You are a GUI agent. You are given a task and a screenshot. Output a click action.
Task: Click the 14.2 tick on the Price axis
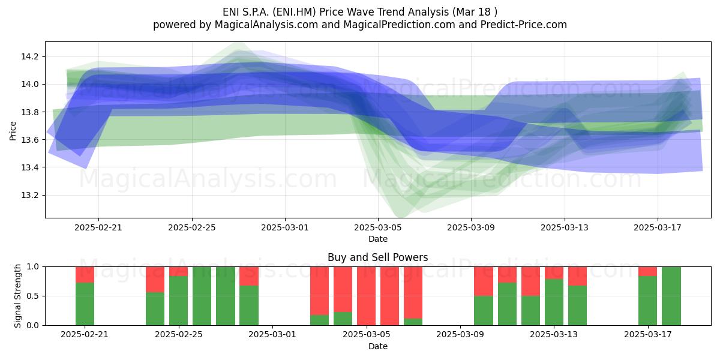point(29,57)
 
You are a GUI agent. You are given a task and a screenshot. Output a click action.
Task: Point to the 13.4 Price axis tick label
point(29,168)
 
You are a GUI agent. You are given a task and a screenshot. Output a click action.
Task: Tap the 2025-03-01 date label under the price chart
point(285,227)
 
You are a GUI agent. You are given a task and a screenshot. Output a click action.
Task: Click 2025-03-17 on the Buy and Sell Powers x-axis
point(647,335)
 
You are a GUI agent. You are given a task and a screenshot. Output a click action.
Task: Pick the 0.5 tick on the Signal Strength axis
point(32,296)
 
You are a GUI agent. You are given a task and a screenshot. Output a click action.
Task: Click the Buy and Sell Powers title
point(377,257)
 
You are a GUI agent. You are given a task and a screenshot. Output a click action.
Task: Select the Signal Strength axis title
point(17,296)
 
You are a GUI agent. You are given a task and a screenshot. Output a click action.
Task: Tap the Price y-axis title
point(13,131)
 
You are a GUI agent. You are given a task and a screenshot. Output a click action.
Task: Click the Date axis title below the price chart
point(377,239)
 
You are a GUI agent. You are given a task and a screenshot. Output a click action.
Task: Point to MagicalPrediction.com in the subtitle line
point(399,25)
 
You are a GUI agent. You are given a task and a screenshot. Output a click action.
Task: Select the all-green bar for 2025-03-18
point(671,296)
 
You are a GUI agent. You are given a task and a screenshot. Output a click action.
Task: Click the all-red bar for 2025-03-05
point(366,296)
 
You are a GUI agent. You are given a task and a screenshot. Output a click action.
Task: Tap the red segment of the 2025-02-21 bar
point(85,275)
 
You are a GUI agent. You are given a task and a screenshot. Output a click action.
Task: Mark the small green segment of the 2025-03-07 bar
point(413,322)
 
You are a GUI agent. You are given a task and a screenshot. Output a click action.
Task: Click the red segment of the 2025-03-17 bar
point(647,271)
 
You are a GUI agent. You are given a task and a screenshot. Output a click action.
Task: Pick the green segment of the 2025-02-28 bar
point(249,305)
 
